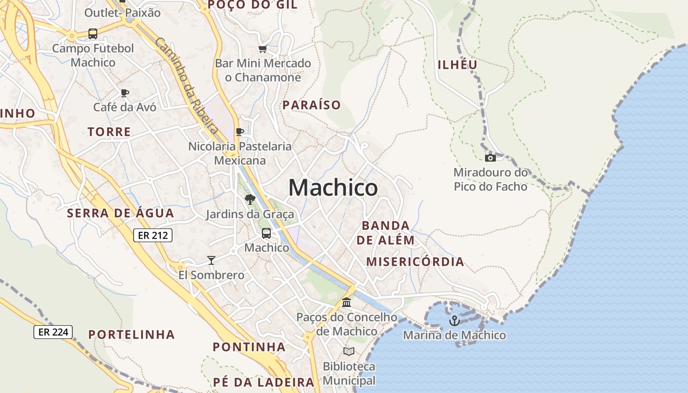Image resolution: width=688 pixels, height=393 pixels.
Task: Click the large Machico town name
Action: click(x=333, y=188)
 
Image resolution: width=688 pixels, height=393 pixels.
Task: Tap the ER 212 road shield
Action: click(x=153, y=235)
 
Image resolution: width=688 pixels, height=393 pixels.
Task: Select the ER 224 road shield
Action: click(x=53, y=332)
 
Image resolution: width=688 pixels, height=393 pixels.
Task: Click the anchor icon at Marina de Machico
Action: click(x=455, y=321)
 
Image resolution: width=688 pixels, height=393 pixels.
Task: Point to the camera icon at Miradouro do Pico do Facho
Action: click(x=490, y=158)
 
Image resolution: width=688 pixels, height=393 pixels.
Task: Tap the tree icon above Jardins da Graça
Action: click(x=250, y=199)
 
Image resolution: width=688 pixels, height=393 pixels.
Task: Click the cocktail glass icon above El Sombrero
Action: click(x=211, y=260)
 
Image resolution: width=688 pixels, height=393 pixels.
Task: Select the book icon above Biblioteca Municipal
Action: click(x=349, y=351)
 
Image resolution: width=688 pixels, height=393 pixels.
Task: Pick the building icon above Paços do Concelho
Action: click(x=346, y=302)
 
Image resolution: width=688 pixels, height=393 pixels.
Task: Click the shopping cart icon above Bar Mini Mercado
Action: click(x=262, y=49)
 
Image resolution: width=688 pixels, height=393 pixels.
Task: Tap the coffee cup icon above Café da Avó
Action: click(x=125, y=93)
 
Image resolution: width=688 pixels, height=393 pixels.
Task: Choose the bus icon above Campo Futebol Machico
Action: click(x=93, y=34)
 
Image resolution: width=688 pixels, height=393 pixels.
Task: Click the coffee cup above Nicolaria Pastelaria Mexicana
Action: click(x=240, y=132)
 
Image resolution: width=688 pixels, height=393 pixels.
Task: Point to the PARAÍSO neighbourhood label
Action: click(x=312, y=105)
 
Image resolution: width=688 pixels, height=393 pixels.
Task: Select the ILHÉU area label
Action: click(x=458, y=65)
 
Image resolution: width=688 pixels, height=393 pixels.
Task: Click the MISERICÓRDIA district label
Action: click(x=415, y=261)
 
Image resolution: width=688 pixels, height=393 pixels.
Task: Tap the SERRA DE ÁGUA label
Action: click(x=120, y=213)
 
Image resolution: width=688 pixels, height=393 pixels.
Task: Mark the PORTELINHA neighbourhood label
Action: click(x=131, y=335)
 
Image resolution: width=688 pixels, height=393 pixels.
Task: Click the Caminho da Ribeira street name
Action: click(x=187, y=85)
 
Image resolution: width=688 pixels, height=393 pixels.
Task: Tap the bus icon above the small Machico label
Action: click(x=266, y=233)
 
